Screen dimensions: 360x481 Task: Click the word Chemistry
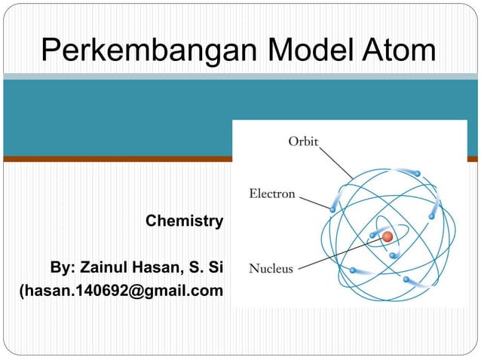coord(184,221)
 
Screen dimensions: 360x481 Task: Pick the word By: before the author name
coord(63,268)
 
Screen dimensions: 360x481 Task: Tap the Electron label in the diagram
coord(272,194)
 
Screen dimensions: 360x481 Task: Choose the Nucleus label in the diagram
coord(271,267)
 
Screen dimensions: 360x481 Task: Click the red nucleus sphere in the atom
coord(388,236)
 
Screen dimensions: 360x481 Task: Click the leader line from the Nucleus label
coord(339,253)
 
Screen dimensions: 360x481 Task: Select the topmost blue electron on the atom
coord(416,172)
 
